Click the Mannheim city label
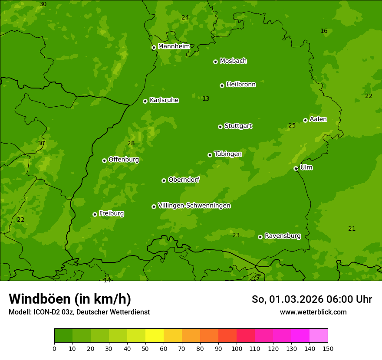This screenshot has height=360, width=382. point(174,46)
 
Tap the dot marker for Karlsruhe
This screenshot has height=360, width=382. point(145,101)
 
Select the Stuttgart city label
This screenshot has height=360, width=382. point(238,126)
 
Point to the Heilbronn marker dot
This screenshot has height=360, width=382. point(222,85)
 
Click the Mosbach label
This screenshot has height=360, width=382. point(233,61)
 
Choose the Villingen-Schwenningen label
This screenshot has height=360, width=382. point(194,206)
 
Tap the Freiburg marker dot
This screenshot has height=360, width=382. point(95,214)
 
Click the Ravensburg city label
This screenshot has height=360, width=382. point(283,236)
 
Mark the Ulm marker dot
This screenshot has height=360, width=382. point(296,168)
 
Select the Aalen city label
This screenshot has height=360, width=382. point(318,119)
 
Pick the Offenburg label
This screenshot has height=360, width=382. point(124,160)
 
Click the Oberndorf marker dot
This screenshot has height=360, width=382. point(164,180)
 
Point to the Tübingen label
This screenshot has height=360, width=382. point(228,154)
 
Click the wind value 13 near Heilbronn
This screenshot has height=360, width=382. point(206,99)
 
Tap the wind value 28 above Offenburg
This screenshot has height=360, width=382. point(131,144)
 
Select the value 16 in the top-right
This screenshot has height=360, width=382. point(324,31)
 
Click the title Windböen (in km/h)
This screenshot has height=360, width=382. point(70,299)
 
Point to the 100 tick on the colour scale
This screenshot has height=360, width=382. point(237,348)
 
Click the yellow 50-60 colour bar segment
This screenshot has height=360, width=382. point(155,336)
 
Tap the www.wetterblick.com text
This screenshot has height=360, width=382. point(313,312)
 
